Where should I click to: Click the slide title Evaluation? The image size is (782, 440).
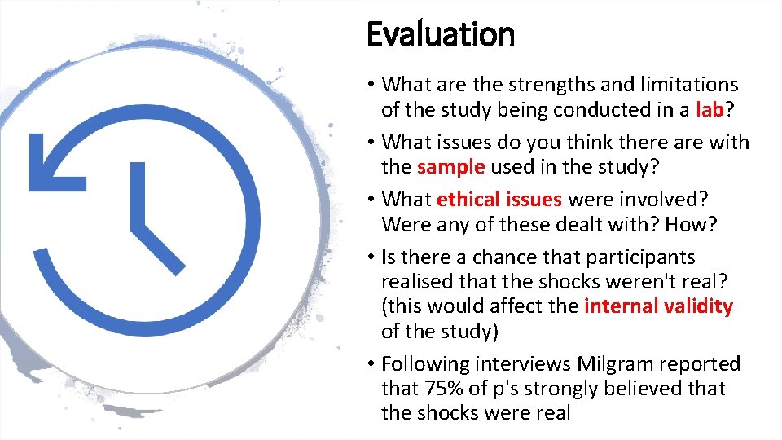pyautogui.click(x=441, y=35)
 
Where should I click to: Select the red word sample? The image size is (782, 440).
pyautogui.click(x=451, y=167)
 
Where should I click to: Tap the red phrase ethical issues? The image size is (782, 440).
pyautogui.click(x=499, y=200)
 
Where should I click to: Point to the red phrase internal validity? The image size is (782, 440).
pyautogui.click(x=658, y=306)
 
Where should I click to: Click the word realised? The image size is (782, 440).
pyautogui.click(x=416, y=281)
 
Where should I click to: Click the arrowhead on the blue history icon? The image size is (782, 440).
pyautogui.click(x=53, y=164)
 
